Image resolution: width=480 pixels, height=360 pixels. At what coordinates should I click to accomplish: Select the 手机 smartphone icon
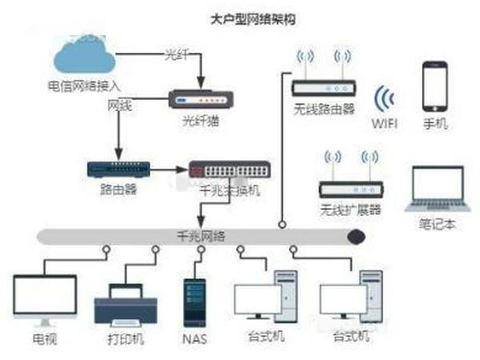(435, 86)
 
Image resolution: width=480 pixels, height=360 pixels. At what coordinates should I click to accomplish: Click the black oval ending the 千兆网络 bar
(355, 236)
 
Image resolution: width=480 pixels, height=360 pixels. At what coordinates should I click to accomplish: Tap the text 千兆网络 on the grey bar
(201, 236)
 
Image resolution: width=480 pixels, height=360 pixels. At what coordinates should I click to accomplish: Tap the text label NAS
(194, 338)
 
